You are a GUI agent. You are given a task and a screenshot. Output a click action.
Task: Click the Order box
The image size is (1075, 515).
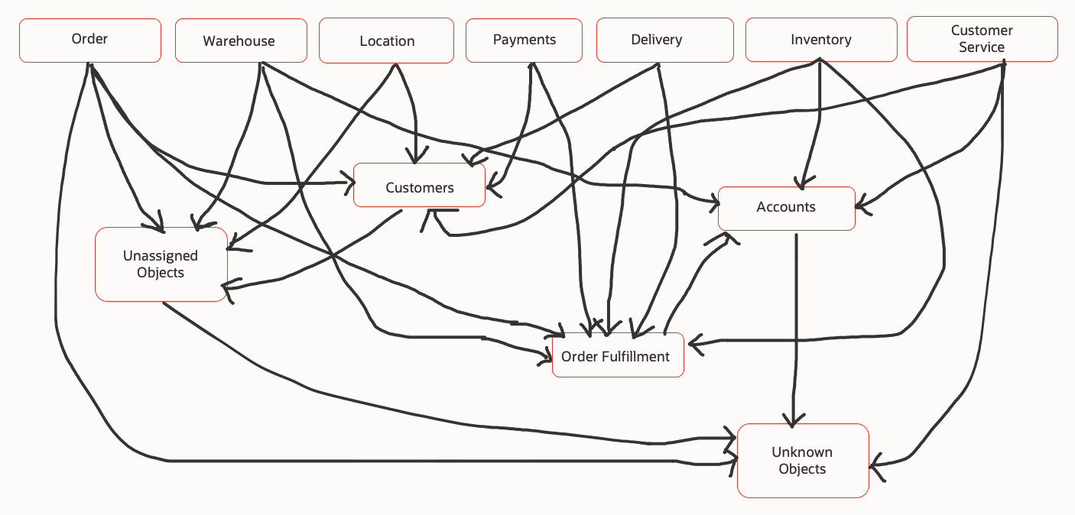pos(89,40)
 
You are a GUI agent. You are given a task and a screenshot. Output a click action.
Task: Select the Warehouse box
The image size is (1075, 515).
pos(240,40)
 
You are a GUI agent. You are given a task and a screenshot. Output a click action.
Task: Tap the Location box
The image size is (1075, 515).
pos(387,41)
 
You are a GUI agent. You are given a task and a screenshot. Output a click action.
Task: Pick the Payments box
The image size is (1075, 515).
pos(524,40)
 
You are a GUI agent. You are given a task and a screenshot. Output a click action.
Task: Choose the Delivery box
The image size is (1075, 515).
pos(656,40)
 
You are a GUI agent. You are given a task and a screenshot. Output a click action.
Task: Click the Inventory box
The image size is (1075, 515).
pos(820,40)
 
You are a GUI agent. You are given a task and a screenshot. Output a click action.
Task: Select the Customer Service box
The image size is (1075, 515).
pos(982,40)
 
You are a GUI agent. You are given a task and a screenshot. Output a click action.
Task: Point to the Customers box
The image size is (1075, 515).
pos(419,187)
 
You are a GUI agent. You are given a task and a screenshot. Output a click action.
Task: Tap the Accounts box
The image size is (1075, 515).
pos(786,207)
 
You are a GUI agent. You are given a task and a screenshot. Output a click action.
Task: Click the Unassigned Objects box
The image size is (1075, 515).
pos(161,264)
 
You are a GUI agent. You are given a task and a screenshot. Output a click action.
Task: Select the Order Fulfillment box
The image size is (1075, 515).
pos(617,357)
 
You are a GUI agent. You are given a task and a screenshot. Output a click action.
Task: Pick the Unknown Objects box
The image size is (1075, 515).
pos(802,461)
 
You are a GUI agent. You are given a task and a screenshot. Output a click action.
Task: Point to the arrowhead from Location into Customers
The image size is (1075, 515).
pos(415,159)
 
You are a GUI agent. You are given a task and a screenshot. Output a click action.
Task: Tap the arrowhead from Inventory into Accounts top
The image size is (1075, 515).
pos(801,184)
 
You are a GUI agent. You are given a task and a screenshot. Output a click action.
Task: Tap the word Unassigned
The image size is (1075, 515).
pos(161,256)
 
